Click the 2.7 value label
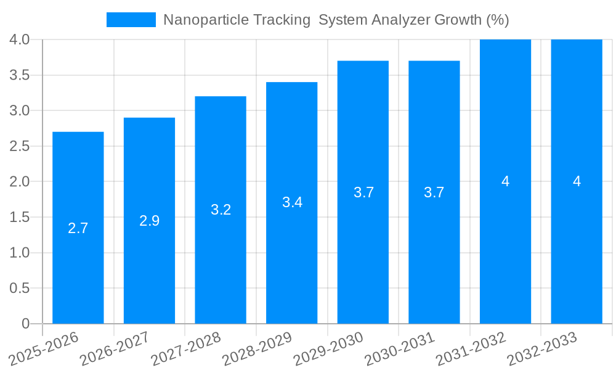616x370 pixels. point(78,228)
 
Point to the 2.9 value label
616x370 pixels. point(150,221)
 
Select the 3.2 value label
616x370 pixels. point(221,210)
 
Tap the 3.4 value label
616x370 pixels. point(292,202)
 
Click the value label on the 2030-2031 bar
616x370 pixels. point(434,192)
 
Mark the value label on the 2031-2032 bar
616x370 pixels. point(505,181)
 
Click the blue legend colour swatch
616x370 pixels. point(131,20)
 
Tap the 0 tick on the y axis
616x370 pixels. point(25,324)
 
